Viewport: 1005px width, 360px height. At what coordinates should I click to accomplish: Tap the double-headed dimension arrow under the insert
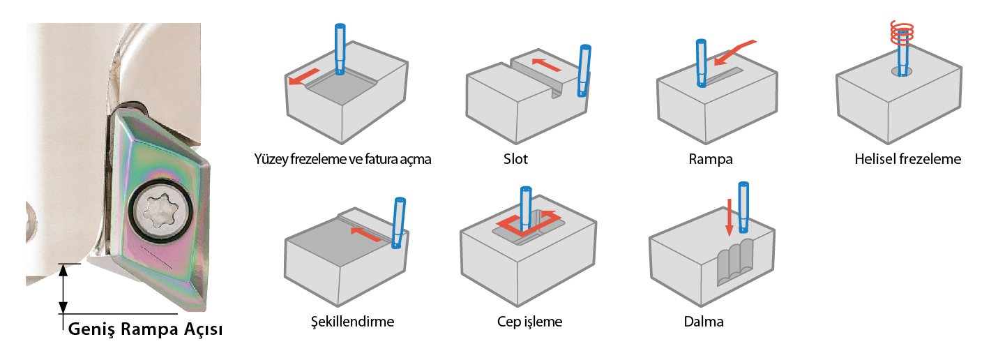63,289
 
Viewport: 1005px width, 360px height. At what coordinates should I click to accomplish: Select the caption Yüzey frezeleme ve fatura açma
342,159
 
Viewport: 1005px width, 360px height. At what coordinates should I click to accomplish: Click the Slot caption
515,159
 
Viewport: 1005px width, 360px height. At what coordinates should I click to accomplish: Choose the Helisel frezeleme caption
907,159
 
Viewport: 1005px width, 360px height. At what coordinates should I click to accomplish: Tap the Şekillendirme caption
352,322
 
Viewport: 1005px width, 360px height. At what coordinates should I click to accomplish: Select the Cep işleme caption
530,322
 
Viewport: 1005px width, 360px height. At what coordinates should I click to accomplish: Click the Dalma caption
704,322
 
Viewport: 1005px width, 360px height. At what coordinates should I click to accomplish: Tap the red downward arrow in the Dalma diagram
729,217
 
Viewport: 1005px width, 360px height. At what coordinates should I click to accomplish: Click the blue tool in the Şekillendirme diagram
399,222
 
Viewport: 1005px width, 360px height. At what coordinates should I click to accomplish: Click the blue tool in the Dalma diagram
744,207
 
